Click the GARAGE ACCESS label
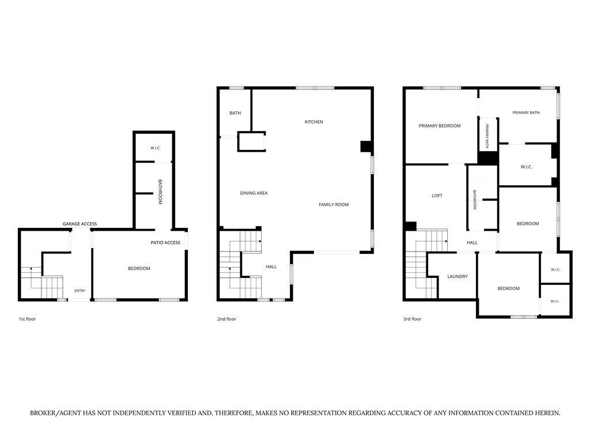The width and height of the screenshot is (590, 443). [x=80, y=224]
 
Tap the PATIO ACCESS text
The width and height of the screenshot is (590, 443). [x=165, y=243]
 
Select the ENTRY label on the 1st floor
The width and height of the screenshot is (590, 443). [x=80, y=291]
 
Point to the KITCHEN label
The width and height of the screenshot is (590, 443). [x=314, y=122]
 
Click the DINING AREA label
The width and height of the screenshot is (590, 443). [x=254, y=193]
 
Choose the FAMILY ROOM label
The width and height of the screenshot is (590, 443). [x=334, y=205]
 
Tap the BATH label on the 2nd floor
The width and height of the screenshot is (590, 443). [x=235, y=113]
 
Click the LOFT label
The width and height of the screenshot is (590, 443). [x=437, y=196]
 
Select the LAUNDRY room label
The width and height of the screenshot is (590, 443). [x=457, y=276]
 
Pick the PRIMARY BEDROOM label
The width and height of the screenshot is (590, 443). [x=440, y=126]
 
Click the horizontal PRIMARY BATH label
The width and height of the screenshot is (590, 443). [x=526, y=112]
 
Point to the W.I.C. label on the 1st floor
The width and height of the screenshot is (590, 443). [x=156, y=148]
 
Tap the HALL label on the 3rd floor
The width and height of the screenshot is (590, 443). [x=472, y=243]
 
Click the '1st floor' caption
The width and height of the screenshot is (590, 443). [x=27, y=319]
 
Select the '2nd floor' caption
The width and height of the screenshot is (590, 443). [x=226, y=319]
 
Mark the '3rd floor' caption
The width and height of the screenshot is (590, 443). [x=413, y=319]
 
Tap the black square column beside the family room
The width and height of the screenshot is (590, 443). [x=366, y=146]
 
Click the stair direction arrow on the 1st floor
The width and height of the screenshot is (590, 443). [x=31, y=269]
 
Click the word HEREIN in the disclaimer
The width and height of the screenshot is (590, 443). [x=547, y=413]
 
